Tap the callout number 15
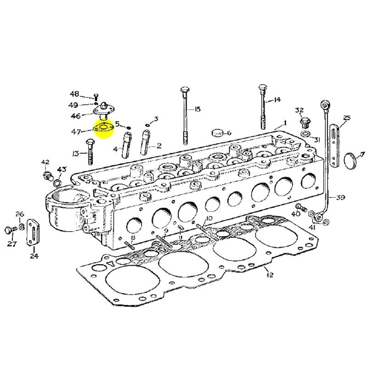click(x=198, y=109)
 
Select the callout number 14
click(x=277, y=100)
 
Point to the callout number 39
click(x=340, y=198)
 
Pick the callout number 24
click(x=34, y=256)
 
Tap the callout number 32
click(x=299, y=110)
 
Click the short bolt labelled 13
click(x=90, y=152)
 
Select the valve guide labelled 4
click(x=128, y=145)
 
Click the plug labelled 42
click(x=47, y=175)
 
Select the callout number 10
click(x=209, y=218)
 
